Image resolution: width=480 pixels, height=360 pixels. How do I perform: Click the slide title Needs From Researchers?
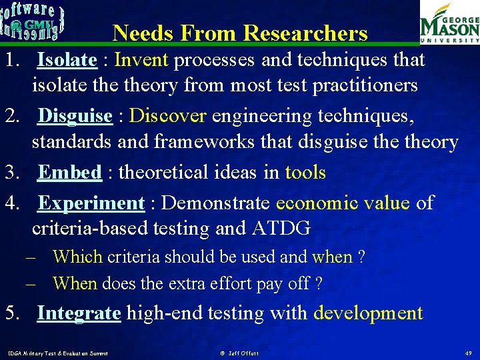tap(240, 33)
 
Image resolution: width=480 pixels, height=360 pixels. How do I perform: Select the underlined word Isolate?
tap(67, 60)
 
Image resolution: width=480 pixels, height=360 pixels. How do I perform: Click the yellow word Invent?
tap(141, 60)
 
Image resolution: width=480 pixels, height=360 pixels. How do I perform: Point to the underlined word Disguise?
tap(75, 116)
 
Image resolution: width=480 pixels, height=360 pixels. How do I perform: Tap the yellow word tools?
tap(305, 173)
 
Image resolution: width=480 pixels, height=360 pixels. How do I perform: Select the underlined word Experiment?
tap(91, 203)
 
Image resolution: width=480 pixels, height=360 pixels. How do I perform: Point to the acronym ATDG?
tap(281, 229)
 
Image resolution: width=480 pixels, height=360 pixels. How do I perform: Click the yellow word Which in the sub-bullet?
tap(77, 257)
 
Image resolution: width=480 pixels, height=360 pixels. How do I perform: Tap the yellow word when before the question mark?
tap(332, 257)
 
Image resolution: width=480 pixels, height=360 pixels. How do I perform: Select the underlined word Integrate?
tap(79, 313)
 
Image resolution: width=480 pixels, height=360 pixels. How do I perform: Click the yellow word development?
tap(368, 313)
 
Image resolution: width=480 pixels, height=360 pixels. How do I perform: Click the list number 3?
tap(11, 173)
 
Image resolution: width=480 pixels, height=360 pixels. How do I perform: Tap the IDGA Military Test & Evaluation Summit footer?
tap(59, 352)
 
